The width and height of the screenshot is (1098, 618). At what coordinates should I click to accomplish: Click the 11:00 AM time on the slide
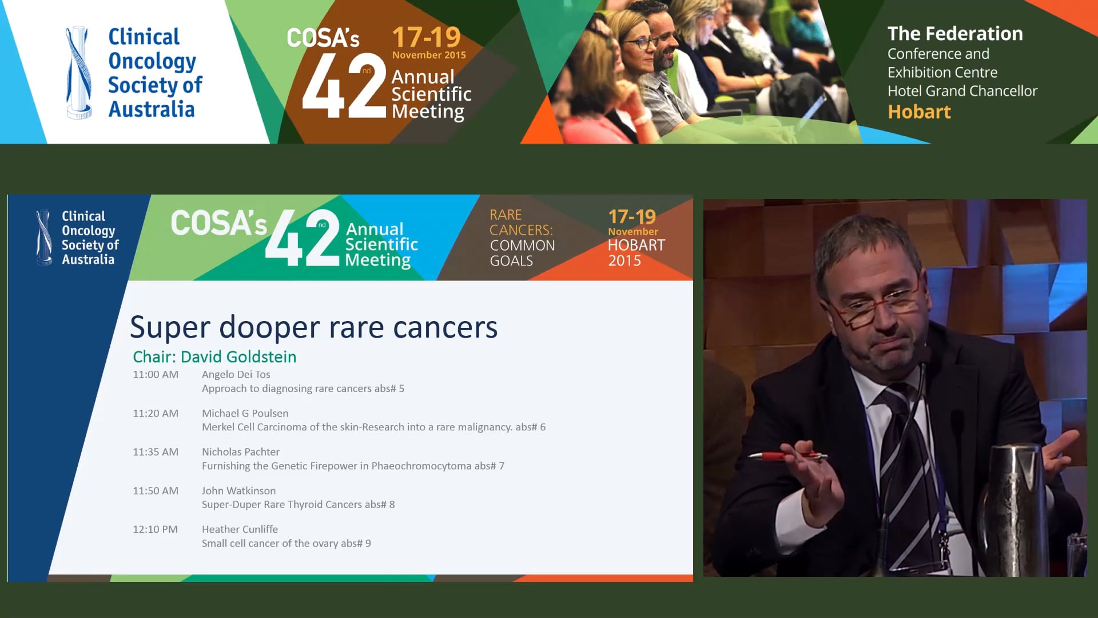pos(156,375)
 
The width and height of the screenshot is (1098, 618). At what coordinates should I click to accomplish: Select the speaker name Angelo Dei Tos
pos(236,375)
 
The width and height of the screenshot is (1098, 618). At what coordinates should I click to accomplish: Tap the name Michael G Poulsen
pos(245,413)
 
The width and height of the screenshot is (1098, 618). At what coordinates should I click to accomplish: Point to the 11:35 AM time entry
pos(156,452)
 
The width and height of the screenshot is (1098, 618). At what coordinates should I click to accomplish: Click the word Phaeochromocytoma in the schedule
pos(421,466)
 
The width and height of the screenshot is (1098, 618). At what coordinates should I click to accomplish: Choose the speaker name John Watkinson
pos(238,491)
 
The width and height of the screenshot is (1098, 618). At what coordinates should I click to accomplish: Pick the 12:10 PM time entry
pos(155,529)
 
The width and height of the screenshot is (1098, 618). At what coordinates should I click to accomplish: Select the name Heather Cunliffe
pos(240,529)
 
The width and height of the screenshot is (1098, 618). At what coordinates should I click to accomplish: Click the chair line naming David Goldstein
pos(214,357)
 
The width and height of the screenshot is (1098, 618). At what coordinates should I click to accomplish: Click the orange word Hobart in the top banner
pos(919,112)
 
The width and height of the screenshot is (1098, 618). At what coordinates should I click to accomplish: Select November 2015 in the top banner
pos(429,55)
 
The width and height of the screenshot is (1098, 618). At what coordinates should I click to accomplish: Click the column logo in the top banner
pos(78,73)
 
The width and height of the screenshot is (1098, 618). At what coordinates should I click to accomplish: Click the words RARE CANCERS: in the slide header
pos(520,223)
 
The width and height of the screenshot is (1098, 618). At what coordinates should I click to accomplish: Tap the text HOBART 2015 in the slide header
pos(636,253)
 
